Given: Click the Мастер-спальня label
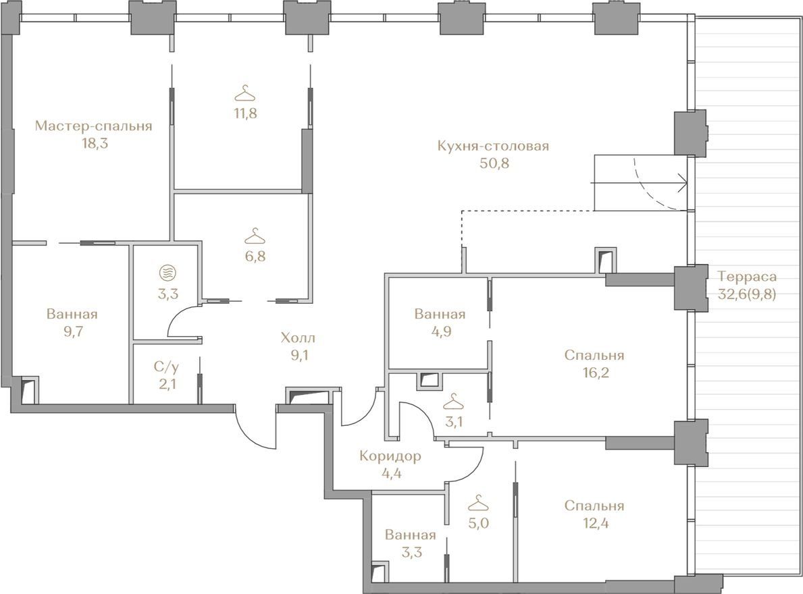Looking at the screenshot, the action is pyautogui.click(x=94, y=126).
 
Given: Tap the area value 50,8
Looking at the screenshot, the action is pyautogui.click(x=494, y=164).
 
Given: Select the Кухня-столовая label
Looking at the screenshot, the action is pyautogui.click(x=493, y=146).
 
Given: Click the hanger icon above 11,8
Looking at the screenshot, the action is pyautogui.click(x=245, y=94).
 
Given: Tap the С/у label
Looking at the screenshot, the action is pyautogui.click(x=167, y=367).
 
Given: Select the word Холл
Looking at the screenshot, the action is pyautogui.click(x=298, y=337).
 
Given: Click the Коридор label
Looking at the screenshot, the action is pyautogui.click(x=390, y=456).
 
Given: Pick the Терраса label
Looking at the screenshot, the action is pyautogui.click(x=747, y=277).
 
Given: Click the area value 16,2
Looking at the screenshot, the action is pyautogui.click(x=594, y=373).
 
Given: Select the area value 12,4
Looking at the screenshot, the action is pyautogui.click(x=594, y=523).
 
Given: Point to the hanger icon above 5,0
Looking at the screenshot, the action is pyautogui.click(x=478, y=504).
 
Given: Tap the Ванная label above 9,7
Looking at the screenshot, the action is pyautogui.click(x=72, y=314).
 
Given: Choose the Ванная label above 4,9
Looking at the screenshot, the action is pyautogui.click(x=440, y=314).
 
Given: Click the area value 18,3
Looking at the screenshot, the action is pyautogui.click(x=95, y=143).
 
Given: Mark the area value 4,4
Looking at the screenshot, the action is pyautogui.click(x=391, y=473).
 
